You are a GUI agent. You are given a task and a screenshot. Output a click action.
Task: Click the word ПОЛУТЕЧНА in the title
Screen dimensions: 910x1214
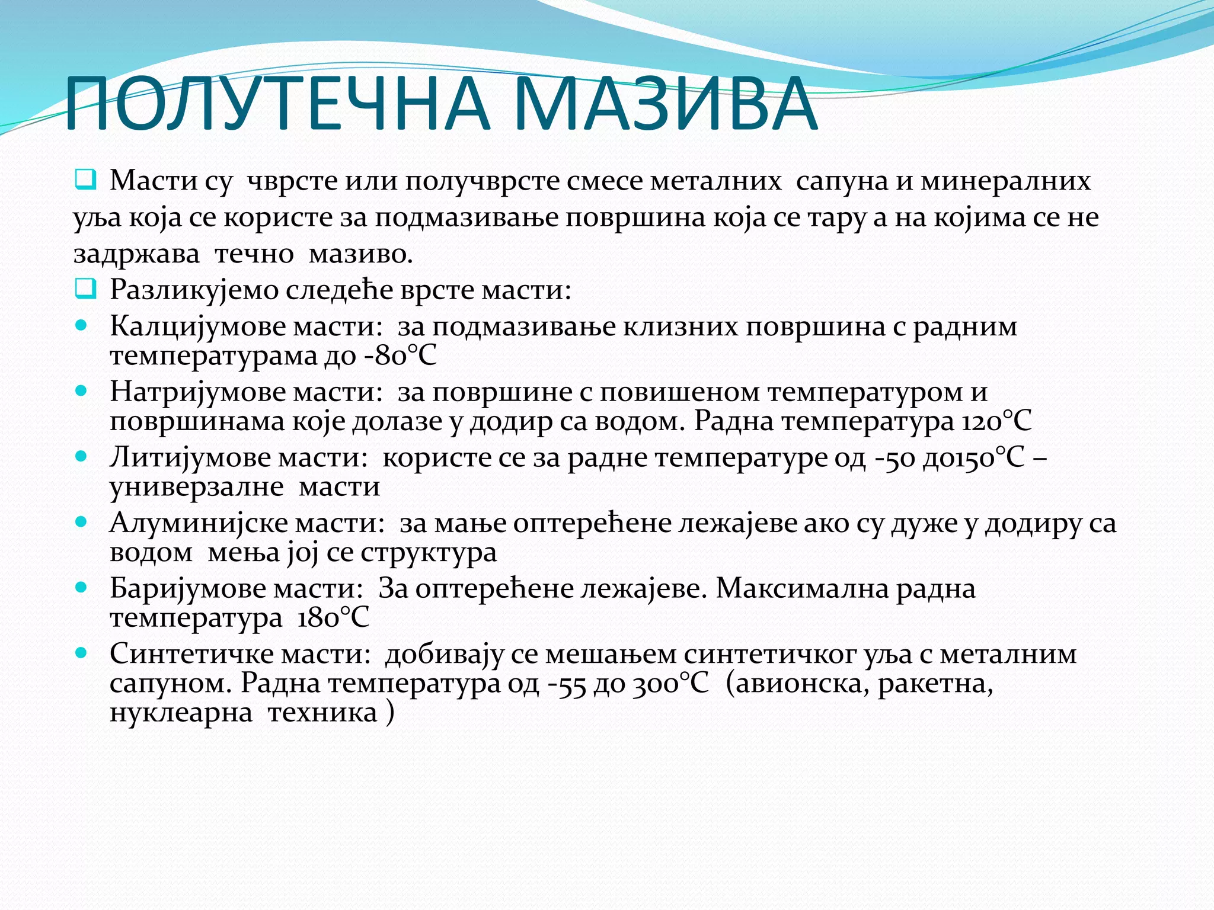(279, 104)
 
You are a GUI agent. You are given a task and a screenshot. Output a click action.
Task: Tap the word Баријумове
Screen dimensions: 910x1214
(187, 589)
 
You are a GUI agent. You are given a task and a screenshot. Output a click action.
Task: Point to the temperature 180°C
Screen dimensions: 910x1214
(333, 618)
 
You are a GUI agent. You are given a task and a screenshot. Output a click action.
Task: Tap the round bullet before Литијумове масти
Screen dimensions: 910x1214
(82, 456)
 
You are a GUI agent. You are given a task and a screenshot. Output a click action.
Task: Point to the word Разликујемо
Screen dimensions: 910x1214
(194, 290)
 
